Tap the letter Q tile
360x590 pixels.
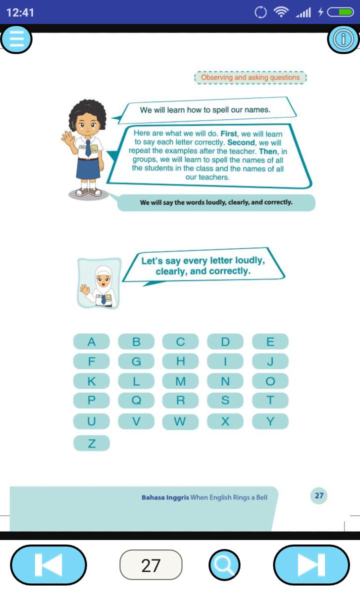(136, 400)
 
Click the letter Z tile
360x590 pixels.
(91, 443)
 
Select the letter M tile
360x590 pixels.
(180, 381)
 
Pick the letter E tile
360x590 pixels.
(270, 341)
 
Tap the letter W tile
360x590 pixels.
(180, 421)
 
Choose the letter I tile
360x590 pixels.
(225, 361)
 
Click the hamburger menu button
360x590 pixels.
(16, 39)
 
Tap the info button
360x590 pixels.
(343, 39)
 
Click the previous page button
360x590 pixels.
(48, 565)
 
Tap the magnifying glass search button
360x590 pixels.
(224, 565)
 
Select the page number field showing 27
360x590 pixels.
(151, 565)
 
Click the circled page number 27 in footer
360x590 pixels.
(319, 495)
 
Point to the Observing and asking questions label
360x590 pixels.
(250, 77)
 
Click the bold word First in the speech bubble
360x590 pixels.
(228, 133)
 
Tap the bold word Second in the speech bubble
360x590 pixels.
(241, 142)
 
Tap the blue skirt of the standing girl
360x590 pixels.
(88, 168)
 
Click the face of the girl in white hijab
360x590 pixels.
(103, 279)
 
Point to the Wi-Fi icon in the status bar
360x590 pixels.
(280, 12)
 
